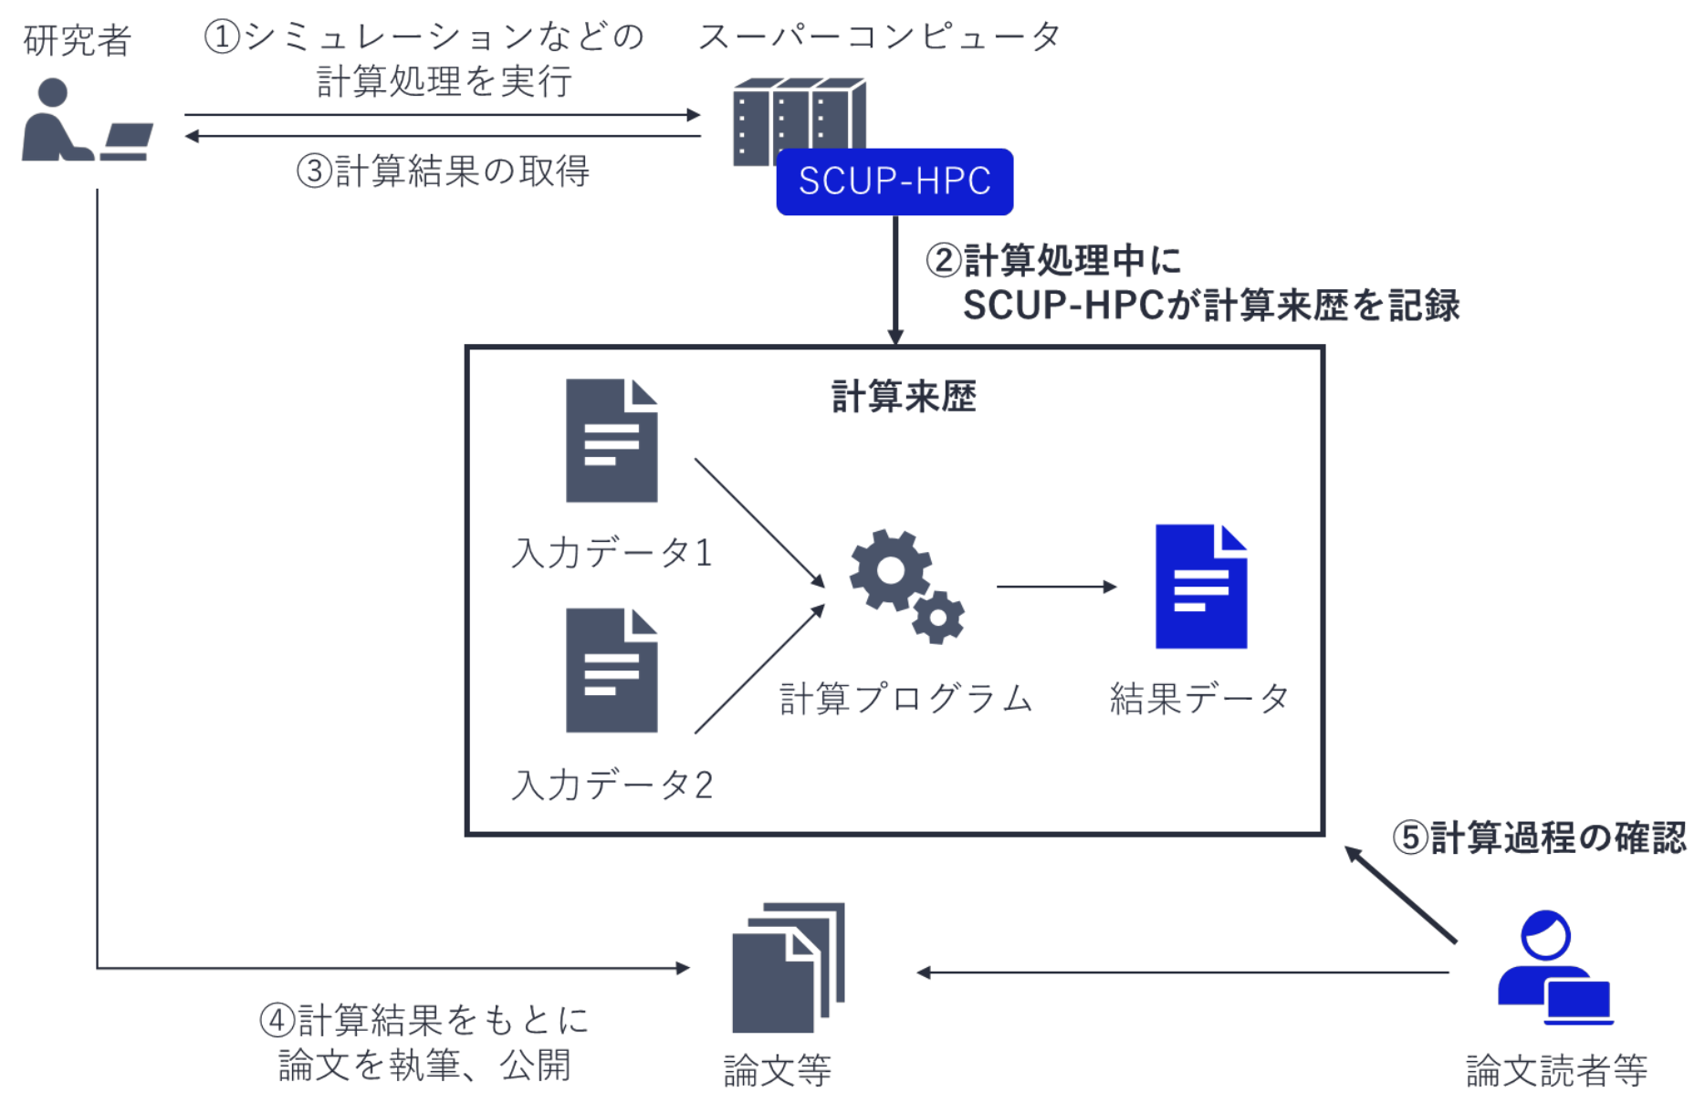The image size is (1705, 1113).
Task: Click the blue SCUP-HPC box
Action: point(894,182)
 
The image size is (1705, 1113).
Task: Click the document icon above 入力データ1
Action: point(611,442)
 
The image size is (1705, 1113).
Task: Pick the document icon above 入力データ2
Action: point(611,671)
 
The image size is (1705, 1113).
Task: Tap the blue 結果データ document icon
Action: point(1200,587)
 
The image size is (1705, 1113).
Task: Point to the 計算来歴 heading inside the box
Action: point(904,397)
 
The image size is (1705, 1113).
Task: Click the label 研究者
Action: point(78,40)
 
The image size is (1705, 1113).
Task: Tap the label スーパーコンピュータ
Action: point(879,37)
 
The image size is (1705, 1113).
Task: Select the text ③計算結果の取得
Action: point(444,171)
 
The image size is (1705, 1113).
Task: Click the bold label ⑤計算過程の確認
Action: point(1539,837)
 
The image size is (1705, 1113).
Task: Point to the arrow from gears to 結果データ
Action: point(1056,587)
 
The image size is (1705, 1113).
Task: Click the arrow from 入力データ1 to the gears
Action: point(759,523)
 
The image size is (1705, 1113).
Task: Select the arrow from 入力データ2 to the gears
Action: point(759,669)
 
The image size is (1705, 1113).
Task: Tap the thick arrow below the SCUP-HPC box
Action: point(895,279)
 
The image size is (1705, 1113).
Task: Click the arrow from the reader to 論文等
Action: point(1182,973)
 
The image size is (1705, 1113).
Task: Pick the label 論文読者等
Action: point(1556,1070)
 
